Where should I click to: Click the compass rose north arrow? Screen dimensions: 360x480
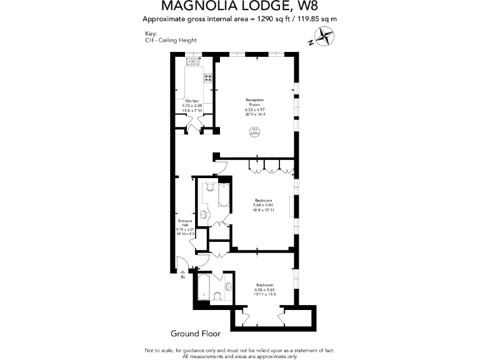click(x=324, y=39)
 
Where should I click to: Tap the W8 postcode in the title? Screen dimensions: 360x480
click(x=302, y=7)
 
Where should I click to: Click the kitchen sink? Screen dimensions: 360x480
click(x=192, y=61)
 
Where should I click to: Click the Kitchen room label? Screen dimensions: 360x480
click(x=192, y=101)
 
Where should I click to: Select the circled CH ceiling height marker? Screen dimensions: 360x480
click(x=254, y=132)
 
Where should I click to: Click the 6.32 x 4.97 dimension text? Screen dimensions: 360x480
click(x=254, y=110)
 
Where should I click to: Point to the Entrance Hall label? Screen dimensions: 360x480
click(x=185, y=223)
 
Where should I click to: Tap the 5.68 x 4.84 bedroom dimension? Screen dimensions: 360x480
click(x=263, y=205)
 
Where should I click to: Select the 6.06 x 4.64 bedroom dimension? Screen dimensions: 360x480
click(x=265, y=289)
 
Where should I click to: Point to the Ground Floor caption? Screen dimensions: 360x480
click(x=196, y=334)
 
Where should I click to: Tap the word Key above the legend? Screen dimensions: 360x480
click(x=150, y=34)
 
